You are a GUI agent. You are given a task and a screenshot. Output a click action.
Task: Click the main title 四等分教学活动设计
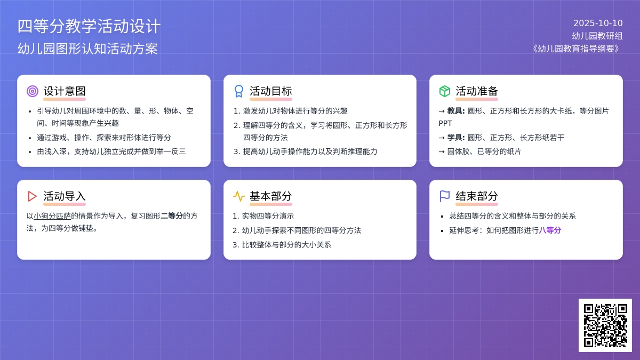click(x=89, y=26)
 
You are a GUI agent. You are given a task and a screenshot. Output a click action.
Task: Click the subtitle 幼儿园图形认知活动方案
click(x=88, y=49)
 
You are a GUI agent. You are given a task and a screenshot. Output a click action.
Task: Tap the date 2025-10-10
click(x=598, y=23)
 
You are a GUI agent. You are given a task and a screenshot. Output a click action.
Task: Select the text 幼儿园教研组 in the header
click(x=597, y=36)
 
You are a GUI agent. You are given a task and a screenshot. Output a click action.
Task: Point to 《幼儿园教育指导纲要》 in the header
click(x=576, y=49)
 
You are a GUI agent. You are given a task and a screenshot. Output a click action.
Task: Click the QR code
click(x=605, y=325)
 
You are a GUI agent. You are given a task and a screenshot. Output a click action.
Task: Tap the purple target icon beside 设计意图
click(x=33, y=91)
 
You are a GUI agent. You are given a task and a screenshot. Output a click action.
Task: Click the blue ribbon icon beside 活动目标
click(x=239, y=91)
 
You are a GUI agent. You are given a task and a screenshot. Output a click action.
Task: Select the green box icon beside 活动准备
click(x=445, y=91)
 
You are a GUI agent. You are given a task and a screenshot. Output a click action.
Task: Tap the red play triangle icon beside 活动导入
click(x=33, y=196)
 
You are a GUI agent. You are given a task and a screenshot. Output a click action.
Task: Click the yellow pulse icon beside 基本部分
click(x=239, y=196)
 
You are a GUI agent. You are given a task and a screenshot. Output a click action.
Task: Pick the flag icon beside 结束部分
click(x=445, y=196)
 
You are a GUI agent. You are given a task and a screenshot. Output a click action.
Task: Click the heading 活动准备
click(x=477, y=91)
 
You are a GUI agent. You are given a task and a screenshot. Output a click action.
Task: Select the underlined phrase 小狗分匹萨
click(x=52, y=216)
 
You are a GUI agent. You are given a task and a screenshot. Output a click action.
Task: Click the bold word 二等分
click(x=172, y=216)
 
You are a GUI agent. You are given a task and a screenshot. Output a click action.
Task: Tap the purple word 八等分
click(x=550, y=230)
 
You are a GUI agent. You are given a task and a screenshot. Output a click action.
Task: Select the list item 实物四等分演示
click(x=268, y=216)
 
